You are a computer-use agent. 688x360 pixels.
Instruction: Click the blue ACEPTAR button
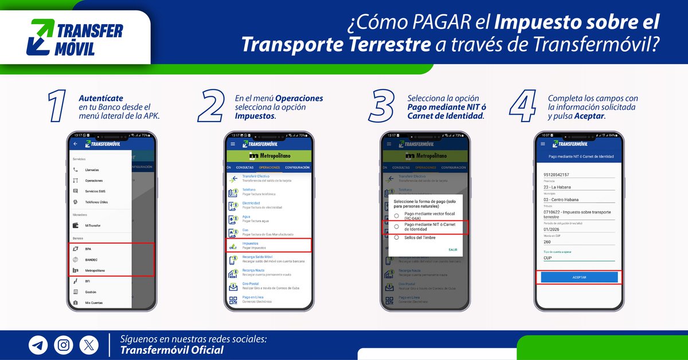coord(579,277)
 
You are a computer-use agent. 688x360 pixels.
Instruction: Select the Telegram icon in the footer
coord(38,345)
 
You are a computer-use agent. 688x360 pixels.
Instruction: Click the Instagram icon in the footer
coord(64,345)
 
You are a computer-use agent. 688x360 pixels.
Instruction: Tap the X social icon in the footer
coord(89,345)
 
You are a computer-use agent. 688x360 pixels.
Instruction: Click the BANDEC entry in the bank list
coord(92,260)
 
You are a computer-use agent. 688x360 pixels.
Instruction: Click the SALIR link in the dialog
coord(453,250)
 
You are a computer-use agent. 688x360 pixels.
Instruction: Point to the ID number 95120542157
coord(556,174)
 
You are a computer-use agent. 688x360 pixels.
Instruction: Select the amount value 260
coord(548,241)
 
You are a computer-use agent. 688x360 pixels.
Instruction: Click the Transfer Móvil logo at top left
coord(77,37)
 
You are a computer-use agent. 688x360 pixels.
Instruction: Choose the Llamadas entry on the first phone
coord(92,170)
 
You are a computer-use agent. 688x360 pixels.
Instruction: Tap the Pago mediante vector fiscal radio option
coord(396,216)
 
